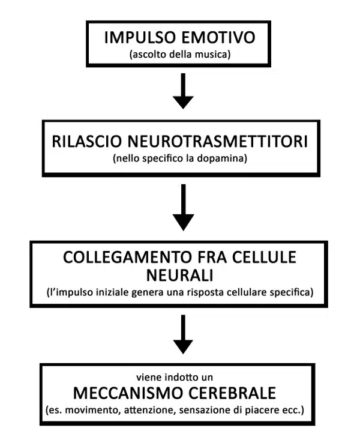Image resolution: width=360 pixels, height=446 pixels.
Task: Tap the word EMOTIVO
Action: (x=218, y=37)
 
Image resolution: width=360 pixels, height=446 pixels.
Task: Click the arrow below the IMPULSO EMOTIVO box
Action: (x=183, y=91)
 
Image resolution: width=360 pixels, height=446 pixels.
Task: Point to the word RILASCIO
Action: (x=87, y=141)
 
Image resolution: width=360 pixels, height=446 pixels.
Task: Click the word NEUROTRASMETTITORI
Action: (x=218, y=141)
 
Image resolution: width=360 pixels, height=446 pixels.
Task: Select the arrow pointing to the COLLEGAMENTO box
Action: (x=184, y=207)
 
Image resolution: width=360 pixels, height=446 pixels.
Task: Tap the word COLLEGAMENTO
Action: (x=127, y=257)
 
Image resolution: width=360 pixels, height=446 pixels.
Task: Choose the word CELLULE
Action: (x=265, y=257)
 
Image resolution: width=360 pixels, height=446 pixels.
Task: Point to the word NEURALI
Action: (x=180, y=275)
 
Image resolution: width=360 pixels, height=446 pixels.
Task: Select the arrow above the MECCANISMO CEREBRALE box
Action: (x=183, y=334)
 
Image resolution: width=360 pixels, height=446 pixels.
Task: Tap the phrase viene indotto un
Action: (x=175, y=377)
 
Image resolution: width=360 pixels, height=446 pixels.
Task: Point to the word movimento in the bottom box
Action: (x=92, y=410)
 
